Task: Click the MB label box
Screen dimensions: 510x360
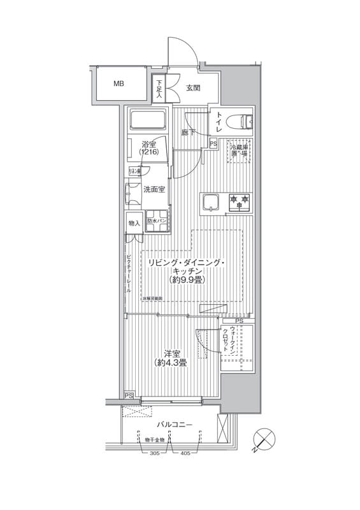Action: (x=119, y=84)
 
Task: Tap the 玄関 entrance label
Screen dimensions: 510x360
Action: (x=194, y=89)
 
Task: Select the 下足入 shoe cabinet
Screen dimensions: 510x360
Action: (x=159, y=88)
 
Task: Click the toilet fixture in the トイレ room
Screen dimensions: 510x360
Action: (x=242, y=121)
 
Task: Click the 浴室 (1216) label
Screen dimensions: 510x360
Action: (x=149, y=148)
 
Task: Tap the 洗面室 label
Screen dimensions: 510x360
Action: (x=154, y=189)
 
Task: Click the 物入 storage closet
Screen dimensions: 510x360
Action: (x=134, y=223)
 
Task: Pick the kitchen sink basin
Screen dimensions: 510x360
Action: (x=210, y=203)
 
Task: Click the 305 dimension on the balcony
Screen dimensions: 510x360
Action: (x=155, y=453)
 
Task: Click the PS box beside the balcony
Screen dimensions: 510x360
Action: (x=129, y=395)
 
